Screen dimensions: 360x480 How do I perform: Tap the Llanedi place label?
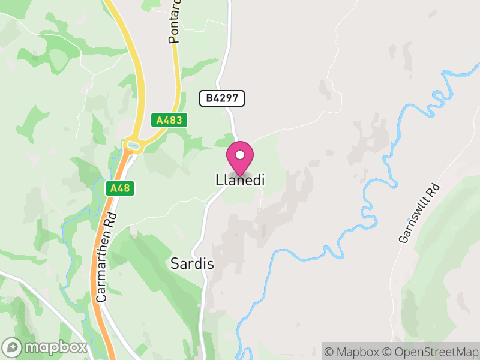coord(240,180)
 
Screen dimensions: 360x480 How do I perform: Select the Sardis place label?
coord(192,263)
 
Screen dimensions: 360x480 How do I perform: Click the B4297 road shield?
coord(222,98)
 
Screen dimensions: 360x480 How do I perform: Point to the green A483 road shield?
coord(169,120)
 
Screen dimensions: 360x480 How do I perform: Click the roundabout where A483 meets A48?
coord(131,145)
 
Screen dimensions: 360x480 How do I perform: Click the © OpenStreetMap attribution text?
coord(434,352)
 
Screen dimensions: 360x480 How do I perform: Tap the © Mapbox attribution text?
coord(356,352)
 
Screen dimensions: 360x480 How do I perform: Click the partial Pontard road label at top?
coord(175,24)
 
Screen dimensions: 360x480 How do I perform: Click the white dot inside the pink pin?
coord(240,155)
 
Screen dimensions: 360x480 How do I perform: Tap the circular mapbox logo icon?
coord(13,347)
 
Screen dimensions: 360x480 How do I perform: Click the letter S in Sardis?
coord(175,263)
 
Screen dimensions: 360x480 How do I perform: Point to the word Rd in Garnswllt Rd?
coord(434,192)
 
